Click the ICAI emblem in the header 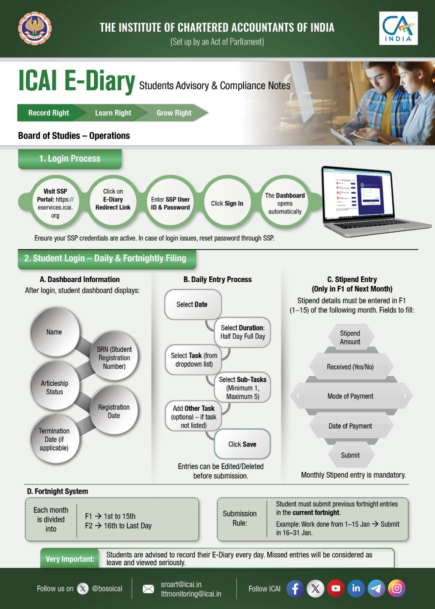pos(35,28)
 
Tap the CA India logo pos(398,28)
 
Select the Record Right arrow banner pos(49,113)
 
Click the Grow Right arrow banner pos(174,113)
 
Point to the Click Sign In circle pos(227,204)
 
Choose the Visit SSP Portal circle pos(55,203)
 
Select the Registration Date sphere pos(114,411)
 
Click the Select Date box pos(193,304)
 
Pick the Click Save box pos(242,444)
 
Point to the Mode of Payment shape pos(351,396)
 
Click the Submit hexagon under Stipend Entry pos(350,455)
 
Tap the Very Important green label pos(70,559)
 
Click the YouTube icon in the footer pos(335,588)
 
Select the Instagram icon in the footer pos(397,588)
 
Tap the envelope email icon pos(148,589)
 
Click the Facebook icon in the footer pos(295,588)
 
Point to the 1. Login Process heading pos(70,159)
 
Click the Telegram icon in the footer pos(376,588)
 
